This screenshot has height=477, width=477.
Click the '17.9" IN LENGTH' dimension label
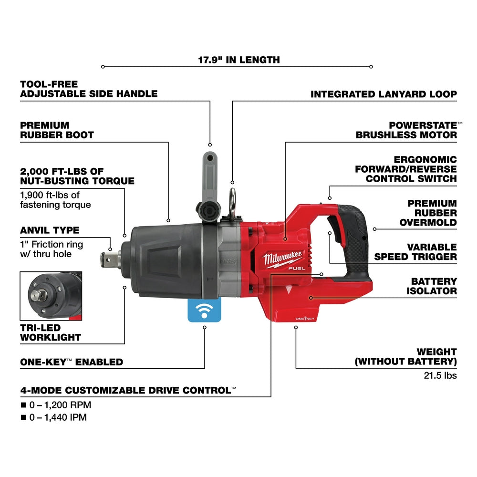pos(239,60)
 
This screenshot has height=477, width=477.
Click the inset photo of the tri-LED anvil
pos(51,296)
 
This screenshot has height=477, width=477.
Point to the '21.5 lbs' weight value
pos(440,375)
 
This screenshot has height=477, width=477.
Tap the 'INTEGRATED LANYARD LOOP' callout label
pos(384,94)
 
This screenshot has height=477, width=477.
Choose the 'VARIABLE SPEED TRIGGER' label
pos(415,252)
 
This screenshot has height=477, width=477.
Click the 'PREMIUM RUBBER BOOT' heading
pos(57,130)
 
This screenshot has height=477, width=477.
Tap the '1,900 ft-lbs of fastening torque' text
pos(55,200)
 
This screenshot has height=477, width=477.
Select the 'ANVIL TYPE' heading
pos(50,230)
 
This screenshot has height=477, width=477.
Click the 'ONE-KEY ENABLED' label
pos(72,362)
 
